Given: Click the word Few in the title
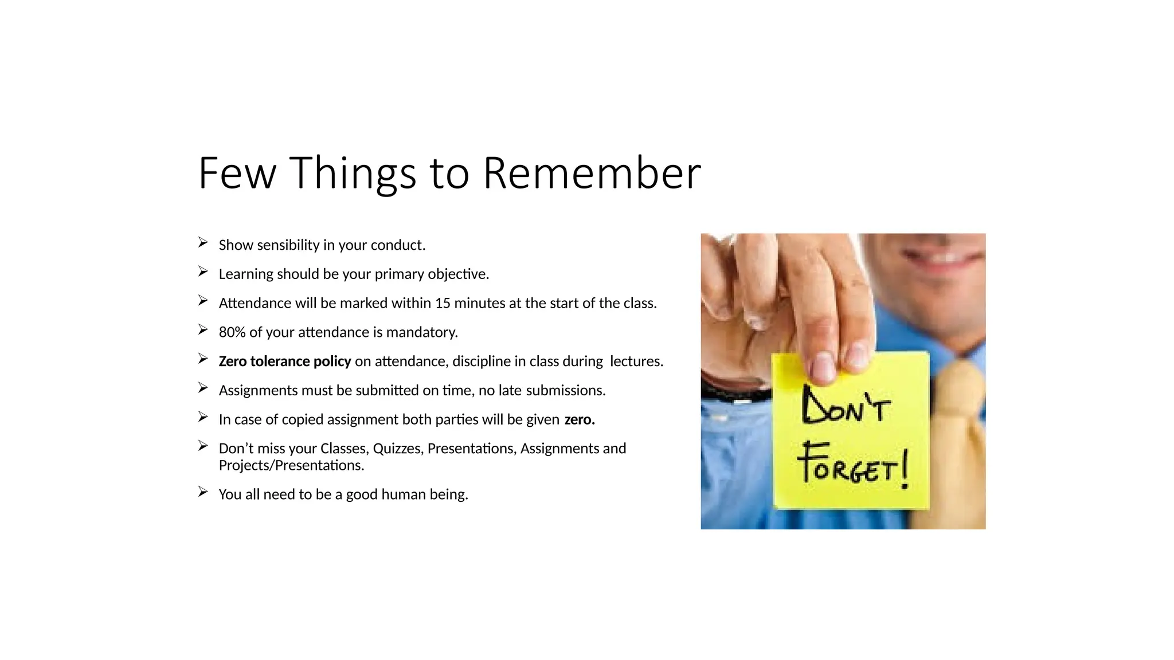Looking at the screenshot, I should [x=237, y=173].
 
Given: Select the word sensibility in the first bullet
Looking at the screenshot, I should [x=288, y=245].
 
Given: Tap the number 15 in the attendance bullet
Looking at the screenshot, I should [x=443, y=303].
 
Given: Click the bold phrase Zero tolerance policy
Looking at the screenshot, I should [x=284, y=362].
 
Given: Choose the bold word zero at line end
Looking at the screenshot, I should [x=579, y=419].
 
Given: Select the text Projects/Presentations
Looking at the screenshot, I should [x=291, y=465].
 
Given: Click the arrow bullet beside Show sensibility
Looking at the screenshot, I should [x=203, y=243].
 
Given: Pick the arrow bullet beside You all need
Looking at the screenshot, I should [x=203, y=492].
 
